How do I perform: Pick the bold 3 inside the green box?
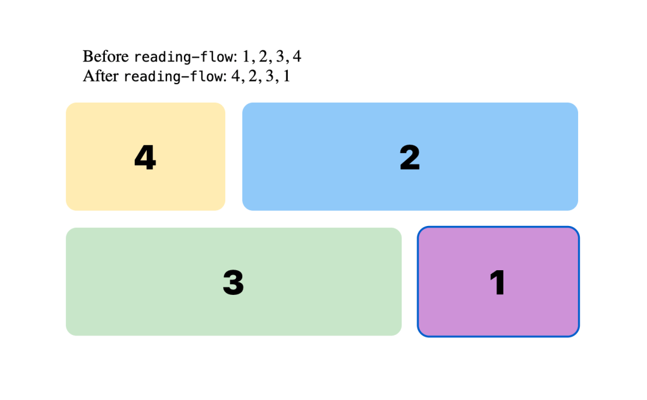[x=233, y=282]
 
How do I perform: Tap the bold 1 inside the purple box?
[x=498, y=282]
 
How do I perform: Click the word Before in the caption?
[x=106, y=56]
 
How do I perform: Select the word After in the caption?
[x=101, y=77]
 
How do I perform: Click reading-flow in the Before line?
[x=183, y=57]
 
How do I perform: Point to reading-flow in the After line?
[x=173, y=77]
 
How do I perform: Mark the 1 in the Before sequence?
[x=246, y=56]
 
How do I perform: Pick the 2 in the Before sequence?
[x=262, y=56]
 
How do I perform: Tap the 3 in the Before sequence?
[x=280, y=56]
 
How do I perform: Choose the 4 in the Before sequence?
[x=297, y=56]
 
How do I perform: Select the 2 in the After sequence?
[x=252, y=77]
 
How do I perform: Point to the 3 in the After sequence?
[x=269, y=77]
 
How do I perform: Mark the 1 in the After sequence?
[x=286, y=77]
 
